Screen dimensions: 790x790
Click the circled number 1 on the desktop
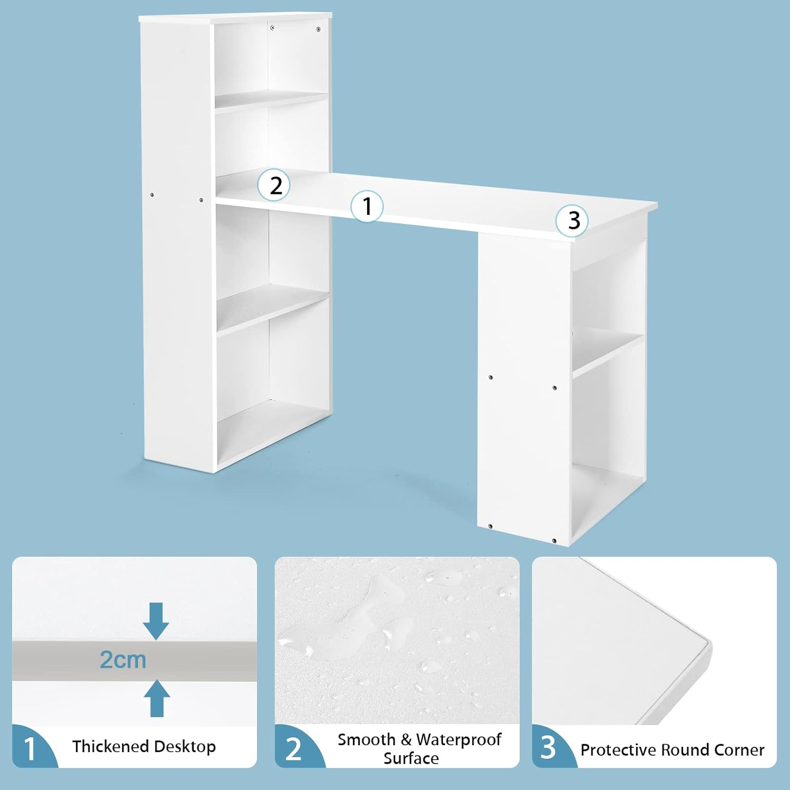pos(367,206)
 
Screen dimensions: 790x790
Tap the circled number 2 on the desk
pos(274,185)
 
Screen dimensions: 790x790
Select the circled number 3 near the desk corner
pos(572,220)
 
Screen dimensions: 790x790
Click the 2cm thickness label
pos(123,660)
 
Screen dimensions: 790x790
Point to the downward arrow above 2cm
pos(156,621)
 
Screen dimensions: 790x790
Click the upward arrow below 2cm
pos(156,698)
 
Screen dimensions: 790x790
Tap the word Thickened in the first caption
pos(110,746)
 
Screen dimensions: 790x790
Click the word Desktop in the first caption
pos(185,746)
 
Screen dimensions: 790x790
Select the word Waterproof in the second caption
pos(458,739)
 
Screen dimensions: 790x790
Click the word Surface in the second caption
pos(411,758)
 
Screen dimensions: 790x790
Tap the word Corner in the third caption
pos(739,750)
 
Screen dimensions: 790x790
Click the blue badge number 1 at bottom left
pos(30,748)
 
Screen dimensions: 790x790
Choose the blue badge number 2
pos(293,748)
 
